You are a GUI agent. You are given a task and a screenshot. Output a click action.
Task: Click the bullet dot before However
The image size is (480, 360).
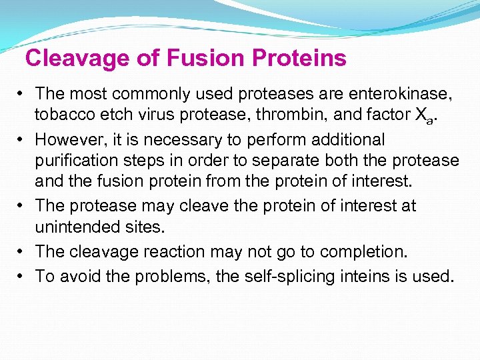click(x=23, y=140)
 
